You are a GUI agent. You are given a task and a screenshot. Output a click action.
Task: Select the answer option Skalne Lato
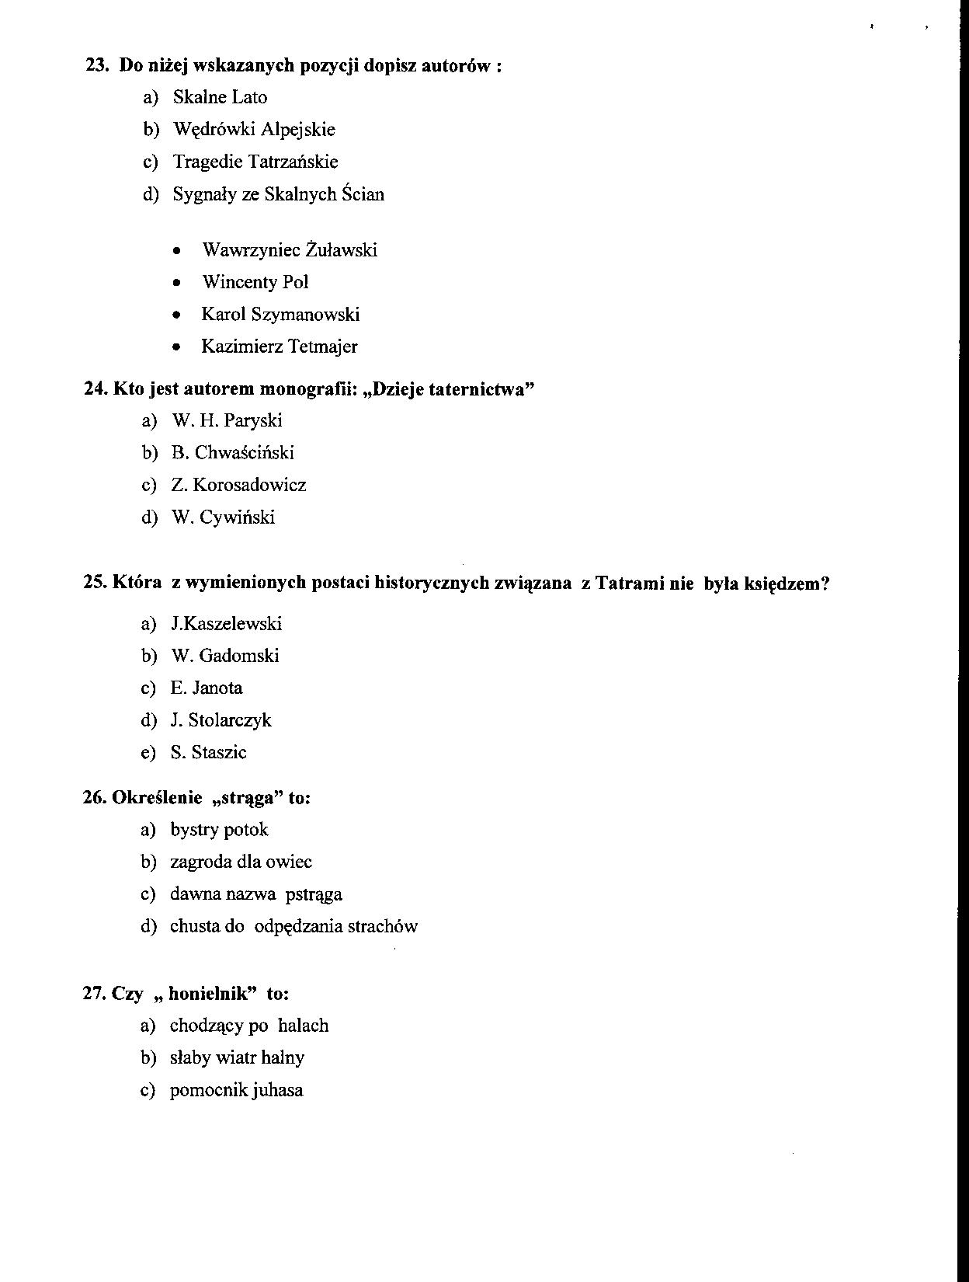coord(220,97)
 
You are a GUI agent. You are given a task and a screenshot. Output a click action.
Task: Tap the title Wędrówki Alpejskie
coord(254,129)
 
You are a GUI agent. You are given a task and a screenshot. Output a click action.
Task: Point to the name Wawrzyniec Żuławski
coord(290,250)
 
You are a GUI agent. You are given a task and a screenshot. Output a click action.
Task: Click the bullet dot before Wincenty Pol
coord(178,283)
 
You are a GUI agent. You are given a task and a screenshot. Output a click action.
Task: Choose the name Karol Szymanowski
coord(280,315)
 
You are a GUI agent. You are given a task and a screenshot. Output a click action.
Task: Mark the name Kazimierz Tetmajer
coord(280,347)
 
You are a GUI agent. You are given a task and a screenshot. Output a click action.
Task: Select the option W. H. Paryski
coord(227,421)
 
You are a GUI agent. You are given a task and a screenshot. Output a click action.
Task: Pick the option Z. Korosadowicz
coord(238,486)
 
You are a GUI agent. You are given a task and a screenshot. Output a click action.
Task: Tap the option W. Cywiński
coord(223,517)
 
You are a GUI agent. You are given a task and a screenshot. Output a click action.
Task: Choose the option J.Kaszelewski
coord(226,624)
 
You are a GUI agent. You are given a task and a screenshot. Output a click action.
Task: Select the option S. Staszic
coord(208,753)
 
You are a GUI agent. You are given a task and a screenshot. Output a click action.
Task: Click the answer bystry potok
coord(219,830)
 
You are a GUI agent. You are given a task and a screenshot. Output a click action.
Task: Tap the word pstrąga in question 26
coord(314,894)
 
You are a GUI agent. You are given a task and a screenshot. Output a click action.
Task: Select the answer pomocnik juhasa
coord(236,1090)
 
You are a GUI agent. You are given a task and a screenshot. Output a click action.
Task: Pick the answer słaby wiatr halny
coord(237,1057)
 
